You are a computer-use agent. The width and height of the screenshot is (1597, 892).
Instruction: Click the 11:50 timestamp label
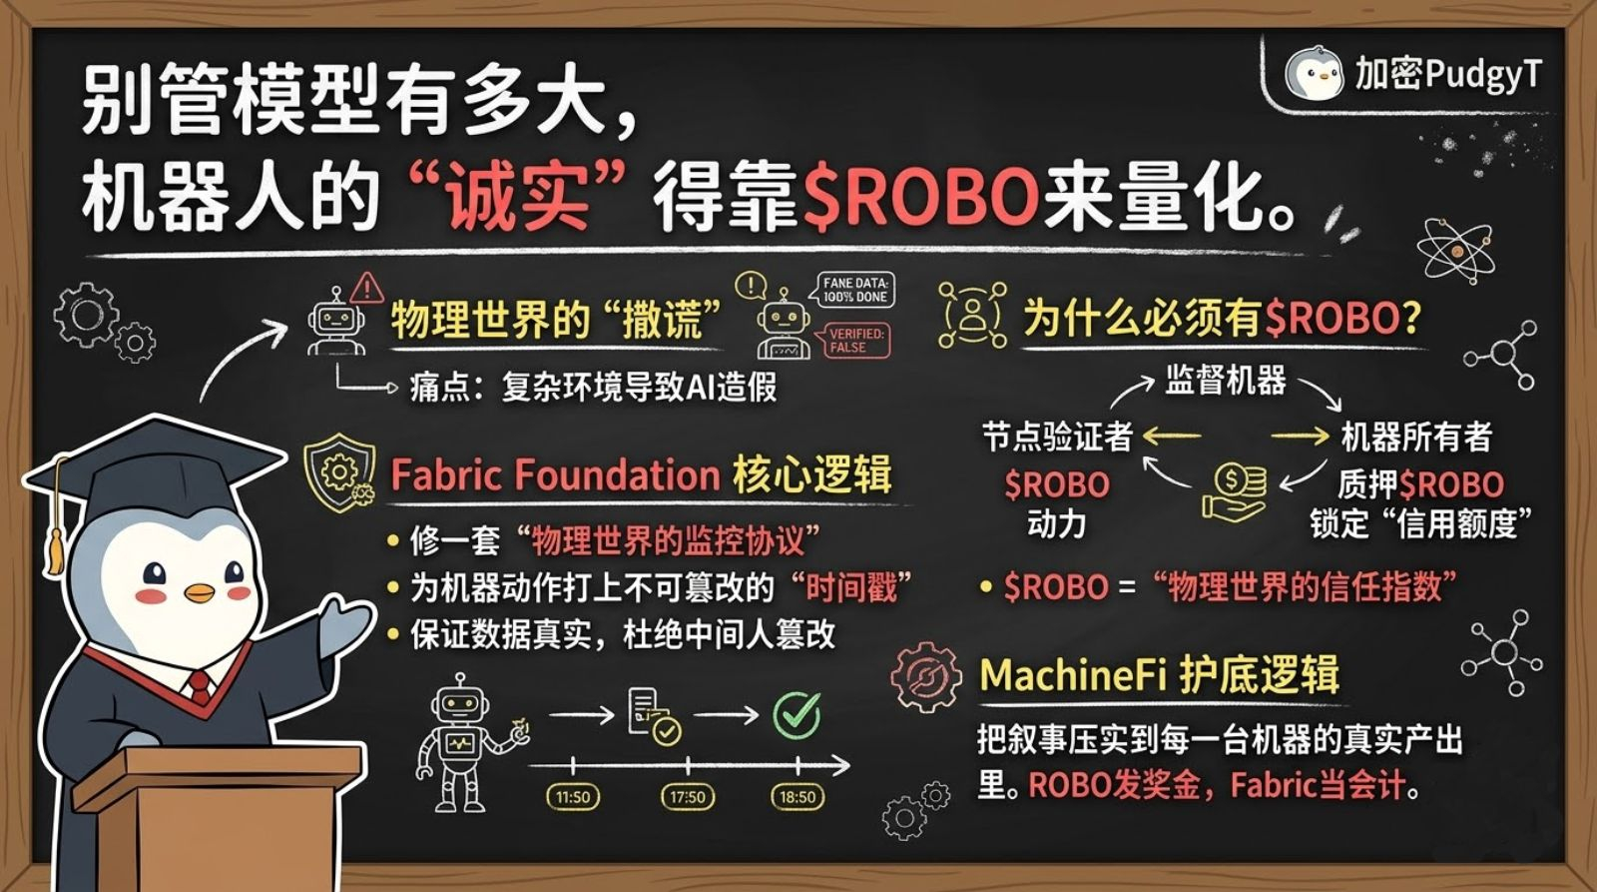point(573,797)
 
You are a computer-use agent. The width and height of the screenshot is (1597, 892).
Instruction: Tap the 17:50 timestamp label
point(687,797)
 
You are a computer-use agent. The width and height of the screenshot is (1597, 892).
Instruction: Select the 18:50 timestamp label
point(798,797)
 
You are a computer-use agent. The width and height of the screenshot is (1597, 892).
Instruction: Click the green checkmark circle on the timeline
point(797,714)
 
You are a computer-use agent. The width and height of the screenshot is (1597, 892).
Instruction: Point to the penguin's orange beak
point(200,592)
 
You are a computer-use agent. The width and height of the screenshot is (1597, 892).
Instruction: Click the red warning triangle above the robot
point(367,288)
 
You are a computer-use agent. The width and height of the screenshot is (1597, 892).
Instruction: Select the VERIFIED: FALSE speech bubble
point(855,341)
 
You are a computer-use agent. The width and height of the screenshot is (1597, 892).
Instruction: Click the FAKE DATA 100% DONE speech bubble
point(854,291)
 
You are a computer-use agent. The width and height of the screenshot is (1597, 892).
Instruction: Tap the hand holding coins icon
point(1235,492)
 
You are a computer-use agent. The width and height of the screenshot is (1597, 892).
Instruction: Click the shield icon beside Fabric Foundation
point(340,471)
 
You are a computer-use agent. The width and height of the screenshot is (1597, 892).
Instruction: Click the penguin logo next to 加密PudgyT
point(1313,73)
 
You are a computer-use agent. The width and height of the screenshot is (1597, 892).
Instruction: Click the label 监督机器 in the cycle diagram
point(1226,381)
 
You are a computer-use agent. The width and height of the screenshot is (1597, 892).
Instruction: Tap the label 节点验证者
point(1057,437)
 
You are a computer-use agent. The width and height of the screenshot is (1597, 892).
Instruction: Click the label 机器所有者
point(1416,437)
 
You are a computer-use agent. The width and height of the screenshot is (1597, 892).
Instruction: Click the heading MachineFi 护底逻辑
point(1159,675)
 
